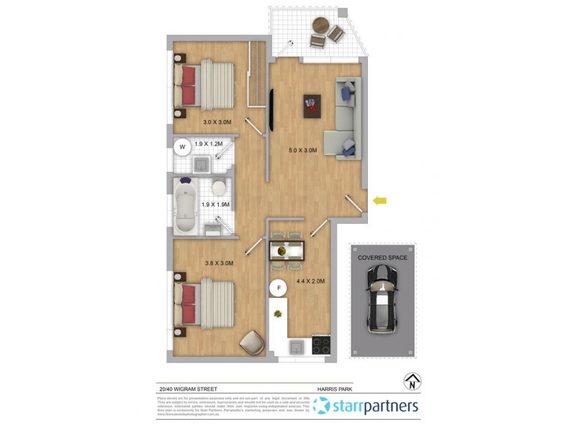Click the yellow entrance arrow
point(379,201)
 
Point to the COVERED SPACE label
point(382,257)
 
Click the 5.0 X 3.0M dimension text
point(302,150)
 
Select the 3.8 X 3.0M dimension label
point(220,264)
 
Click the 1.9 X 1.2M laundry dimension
point(209,144)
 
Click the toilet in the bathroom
point(218,188)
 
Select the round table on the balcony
point(320,24)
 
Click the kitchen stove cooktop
point(321,346)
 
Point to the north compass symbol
point(413,381)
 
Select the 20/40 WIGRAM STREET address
point(189,388)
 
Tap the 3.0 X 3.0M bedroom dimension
point(217,122)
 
